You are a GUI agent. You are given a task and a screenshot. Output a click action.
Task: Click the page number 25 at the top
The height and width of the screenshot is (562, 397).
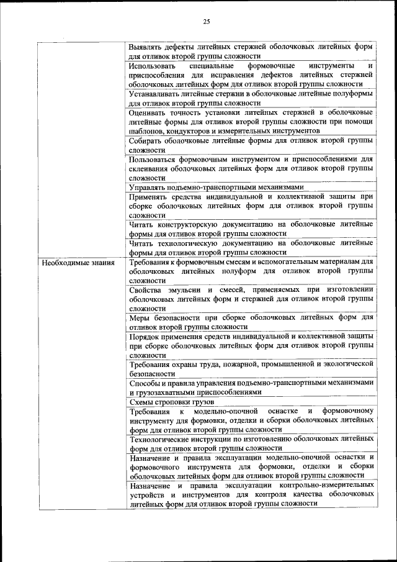click(x=207, y=22)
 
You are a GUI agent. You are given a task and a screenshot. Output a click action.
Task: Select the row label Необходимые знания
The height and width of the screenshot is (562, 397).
click(x=69, y=263)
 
